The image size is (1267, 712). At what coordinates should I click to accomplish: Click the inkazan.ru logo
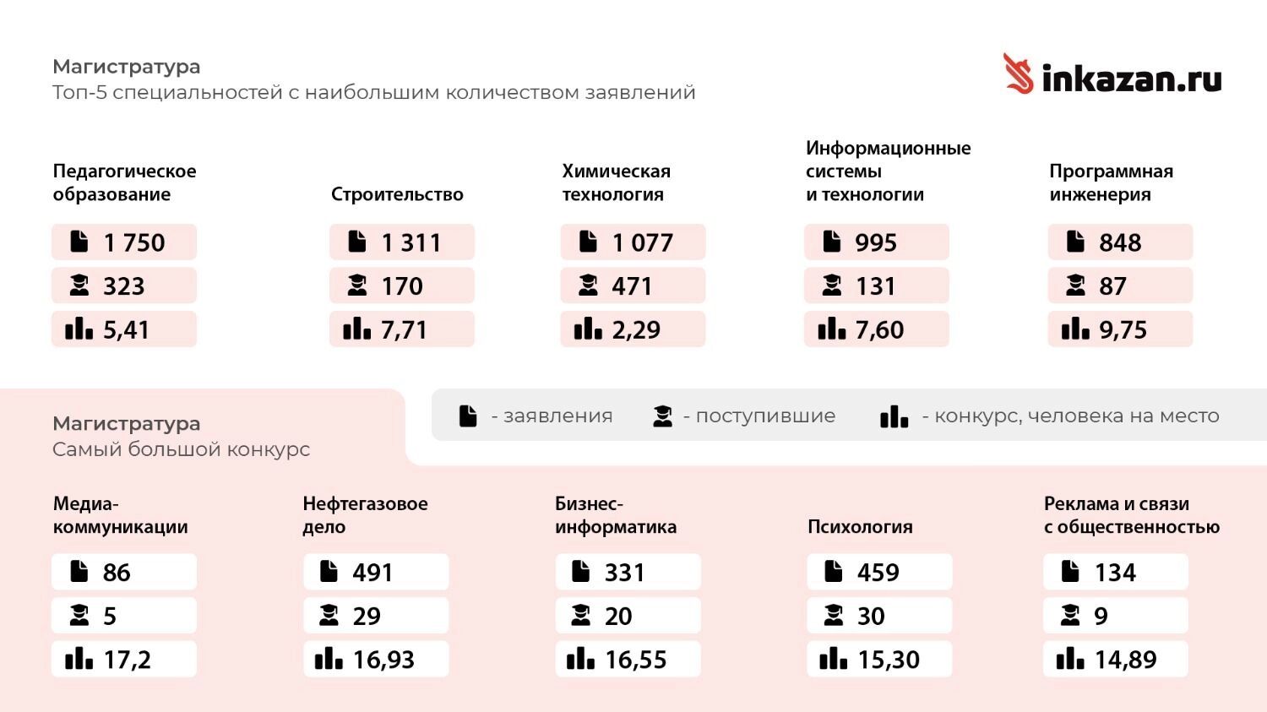click(1112, 76)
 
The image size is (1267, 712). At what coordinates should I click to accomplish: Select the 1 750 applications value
click(134, 243)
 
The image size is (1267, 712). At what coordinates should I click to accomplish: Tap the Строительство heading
click(397, 194)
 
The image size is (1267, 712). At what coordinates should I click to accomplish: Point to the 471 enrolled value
click(632, 286)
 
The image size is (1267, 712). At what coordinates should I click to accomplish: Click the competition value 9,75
click(1123, 330)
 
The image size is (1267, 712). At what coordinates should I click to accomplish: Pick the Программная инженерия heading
click(1111, 182)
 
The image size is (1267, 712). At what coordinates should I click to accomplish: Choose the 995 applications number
click(875, 243)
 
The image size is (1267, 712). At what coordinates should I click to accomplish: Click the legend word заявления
click(557, 416)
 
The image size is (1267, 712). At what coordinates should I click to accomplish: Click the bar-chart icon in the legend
click(894, 416)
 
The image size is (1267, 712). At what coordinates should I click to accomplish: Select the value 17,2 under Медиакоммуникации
click(127, 660)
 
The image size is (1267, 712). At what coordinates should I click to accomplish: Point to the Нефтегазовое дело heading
click(365, 515)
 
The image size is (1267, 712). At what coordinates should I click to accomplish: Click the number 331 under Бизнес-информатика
click(624, 573)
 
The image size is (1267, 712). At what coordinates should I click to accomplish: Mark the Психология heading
click(860, 527)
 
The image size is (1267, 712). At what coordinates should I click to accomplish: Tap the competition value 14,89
click(1125, 660)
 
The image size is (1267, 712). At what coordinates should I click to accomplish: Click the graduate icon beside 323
click(79, 286)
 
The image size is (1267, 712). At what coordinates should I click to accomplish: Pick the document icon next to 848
click(1075, 242)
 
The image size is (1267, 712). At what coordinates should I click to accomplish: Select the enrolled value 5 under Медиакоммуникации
click(110, 617)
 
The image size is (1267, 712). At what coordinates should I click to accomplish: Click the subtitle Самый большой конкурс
click(181, 449)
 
